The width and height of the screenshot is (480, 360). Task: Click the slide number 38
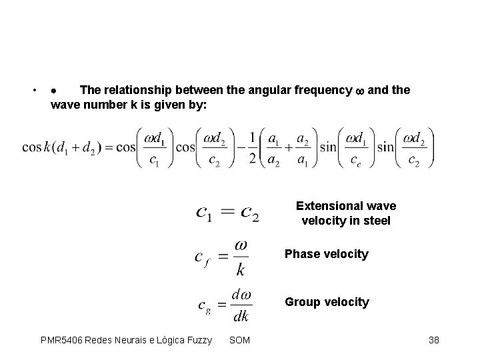pos(434,341)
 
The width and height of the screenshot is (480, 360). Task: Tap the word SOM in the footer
pos(239,341)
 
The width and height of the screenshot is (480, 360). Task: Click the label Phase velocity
pos(326,254)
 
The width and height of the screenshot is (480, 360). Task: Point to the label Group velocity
pos(327,302)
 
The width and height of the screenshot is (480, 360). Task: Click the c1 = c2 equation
pos(227,213)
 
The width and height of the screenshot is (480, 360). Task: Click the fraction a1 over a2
pos(274,147)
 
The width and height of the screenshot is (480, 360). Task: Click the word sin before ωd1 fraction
pos(327,147)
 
